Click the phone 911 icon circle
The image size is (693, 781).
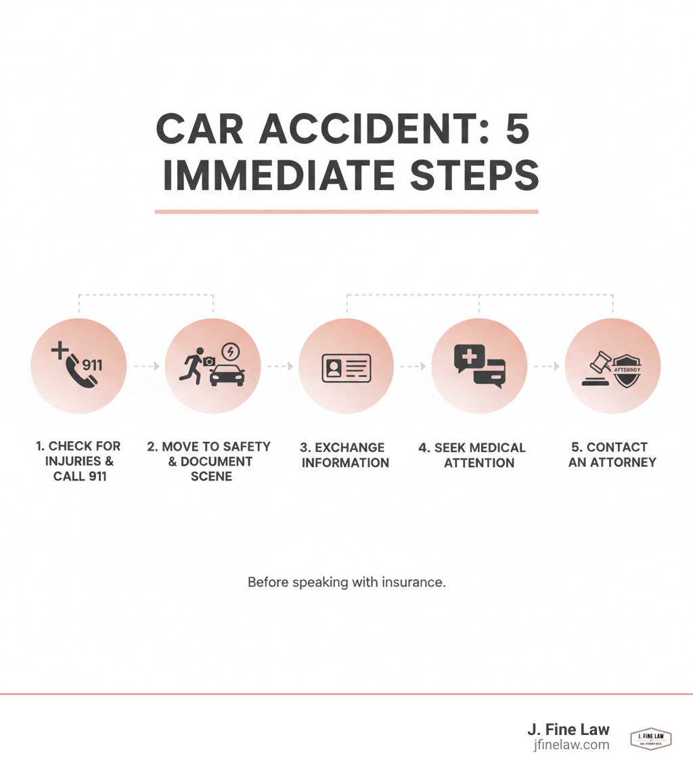click(x=79, y=366)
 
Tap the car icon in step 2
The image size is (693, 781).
click(x=227, y=374)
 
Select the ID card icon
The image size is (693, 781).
click(x=346, y=369)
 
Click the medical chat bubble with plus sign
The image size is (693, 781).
click(x=470, y=357)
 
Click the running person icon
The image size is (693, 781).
click(x=192, y=365)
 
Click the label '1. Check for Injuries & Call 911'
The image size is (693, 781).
click(x=78, y=461)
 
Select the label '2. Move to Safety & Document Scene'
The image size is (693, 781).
click(x=209, y=462)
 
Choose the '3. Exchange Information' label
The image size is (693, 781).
click(x=345, y=455)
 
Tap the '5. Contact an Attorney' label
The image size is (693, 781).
click(x=612, y=455)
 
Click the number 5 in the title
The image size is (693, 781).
click(x=517, y=129)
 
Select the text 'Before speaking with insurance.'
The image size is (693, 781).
click(x=346, y=582)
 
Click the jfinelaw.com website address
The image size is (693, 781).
click(x=571, y=745)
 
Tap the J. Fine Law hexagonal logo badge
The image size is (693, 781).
click(x=650, y=738)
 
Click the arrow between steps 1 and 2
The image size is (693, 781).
click(x=147, y=366)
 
